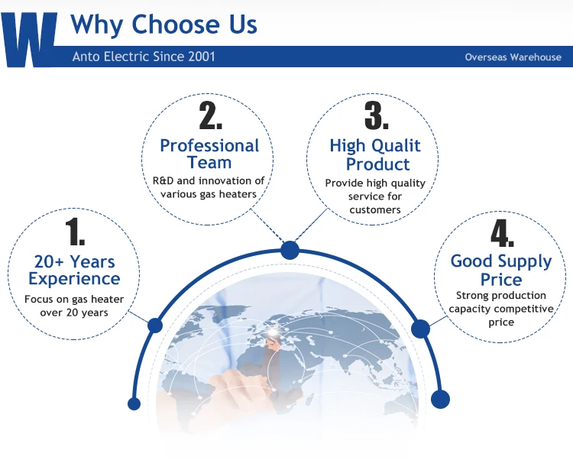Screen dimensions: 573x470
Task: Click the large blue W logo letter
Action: pos(29,40)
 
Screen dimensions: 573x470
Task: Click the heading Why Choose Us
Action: pos(163,24)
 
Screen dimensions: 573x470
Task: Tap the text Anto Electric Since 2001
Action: pos(144,57)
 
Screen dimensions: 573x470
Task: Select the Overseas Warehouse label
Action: pos(513,57)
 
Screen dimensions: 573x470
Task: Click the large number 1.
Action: pos(75,232)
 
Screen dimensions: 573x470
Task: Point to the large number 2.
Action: pos(211,115)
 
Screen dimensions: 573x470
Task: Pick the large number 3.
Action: pos(377,115)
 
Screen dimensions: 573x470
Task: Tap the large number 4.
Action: pos(503,233)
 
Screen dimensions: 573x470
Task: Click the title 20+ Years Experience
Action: pos(74,270)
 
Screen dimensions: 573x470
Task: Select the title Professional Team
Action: pos(209,154)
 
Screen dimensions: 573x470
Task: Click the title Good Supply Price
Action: pos(501,270)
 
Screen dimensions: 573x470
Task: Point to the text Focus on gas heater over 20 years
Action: pos(74,306)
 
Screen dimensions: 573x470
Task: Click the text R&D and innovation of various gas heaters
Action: pos(209,187)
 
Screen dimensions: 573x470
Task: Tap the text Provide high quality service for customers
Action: pos(375,196)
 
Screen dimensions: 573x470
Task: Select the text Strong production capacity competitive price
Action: pos(501,309)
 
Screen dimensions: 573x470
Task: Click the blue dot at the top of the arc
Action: pos(290,250)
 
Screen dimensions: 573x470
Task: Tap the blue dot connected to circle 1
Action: pos(155,326)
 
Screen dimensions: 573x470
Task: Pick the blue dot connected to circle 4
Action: pos(421,328)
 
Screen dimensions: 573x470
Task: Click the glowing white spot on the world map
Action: pos(274,332)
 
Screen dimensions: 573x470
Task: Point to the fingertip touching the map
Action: pos(228,374)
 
